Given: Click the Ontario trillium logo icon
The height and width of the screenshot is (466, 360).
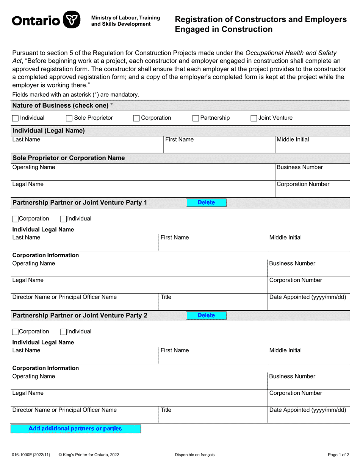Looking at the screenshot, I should point(71,20).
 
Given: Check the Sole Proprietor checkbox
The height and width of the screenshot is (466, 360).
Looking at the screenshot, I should point(69,118).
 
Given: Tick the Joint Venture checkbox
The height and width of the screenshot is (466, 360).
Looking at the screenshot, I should point(254,118).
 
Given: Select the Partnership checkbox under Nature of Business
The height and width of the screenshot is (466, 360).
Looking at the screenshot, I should point(196,118).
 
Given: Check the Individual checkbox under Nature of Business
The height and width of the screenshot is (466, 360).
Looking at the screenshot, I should point(15,118).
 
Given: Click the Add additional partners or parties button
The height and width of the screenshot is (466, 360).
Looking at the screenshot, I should point(75,428).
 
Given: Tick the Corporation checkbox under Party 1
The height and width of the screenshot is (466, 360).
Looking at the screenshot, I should point(15,219).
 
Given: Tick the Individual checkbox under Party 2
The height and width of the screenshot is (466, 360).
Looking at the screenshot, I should point(64,332).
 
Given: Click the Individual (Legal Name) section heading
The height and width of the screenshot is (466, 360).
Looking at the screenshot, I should point(49,131).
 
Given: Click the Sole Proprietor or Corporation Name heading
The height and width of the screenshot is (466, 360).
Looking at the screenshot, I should point(69,158).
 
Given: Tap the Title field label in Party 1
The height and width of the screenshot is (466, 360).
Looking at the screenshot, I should point(166,297).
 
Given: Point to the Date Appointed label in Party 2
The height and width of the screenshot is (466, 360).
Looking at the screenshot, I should point(307,410).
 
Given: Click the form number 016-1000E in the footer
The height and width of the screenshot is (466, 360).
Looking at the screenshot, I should point(25,455).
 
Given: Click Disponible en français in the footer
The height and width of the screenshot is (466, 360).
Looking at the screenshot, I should point(195,455).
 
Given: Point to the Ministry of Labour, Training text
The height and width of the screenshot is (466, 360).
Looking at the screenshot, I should point(125,18).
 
